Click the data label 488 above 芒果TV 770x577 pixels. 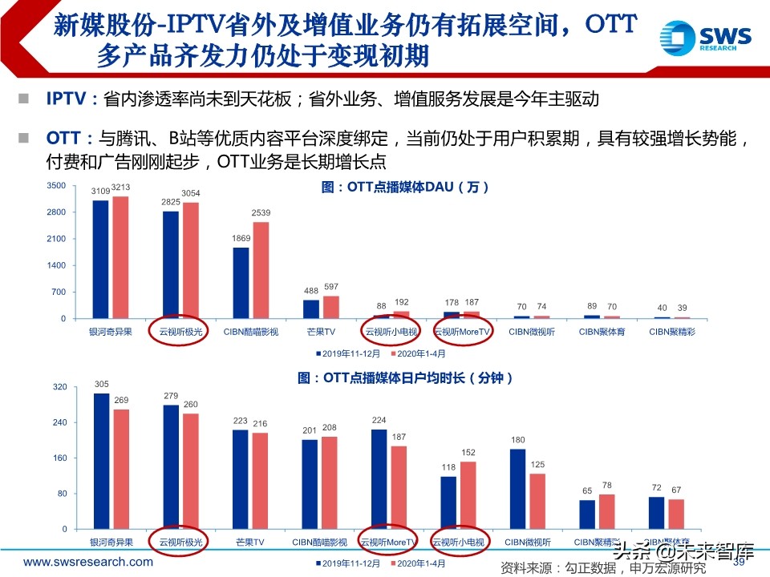pos(311,292)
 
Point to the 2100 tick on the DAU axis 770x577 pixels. pos(55,239)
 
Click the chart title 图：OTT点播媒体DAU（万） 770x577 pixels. pos(405,187)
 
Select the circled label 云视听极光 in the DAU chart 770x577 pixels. pos(179,331)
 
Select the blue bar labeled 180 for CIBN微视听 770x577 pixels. pos(518,489)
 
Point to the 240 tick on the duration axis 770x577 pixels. pos(58,422)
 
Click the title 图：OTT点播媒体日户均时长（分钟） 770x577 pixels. pos(416,377)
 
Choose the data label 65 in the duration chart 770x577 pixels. pos(587,490)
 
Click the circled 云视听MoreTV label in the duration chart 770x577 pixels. pos(389,543)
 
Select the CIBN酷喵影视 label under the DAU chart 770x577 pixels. pos(252,331)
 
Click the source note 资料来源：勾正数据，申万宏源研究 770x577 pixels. pos(603,568)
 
